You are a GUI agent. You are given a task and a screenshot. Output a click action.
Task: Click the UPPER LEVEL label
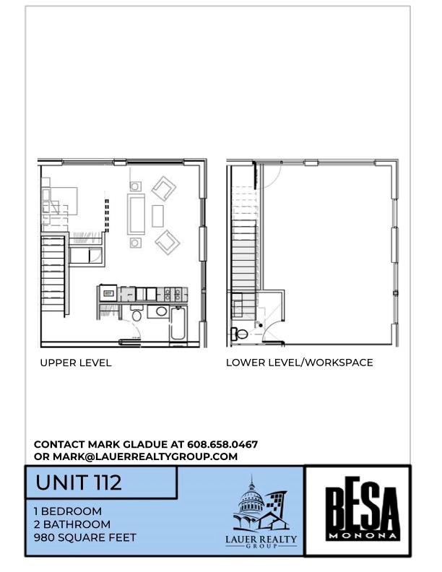pos(76,363)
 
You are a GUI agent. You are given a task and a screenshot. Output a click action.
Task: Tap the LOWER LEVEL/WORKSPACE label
pos(299,363)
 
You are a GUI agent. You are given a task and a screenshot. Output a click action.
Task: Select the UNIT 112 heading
pos(79,482)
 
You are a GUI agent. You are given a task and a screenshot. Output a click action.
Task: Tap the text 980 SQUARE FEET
pos(84,537)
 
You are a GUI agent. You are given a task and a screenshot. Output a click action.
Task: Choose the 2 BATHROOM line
pos(72,524)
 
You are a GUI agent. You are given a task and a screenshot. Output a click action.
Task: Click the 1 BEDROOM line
pos(68,511)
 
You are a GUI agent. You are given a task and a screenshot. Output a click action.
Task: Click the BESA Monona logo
pos(357,511)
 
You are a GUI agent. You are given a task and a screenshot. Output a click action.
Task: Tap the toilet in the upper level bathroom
pos(136,315)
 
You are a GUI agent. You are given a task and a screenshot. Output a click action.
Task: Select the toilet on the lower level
pos(241,334)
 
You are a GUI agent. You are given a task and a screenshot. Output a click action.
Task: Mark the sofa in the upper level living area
pos(136,213)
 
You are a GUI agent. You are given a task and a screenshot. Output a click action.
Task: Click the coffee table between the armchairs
pos(158,215)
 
